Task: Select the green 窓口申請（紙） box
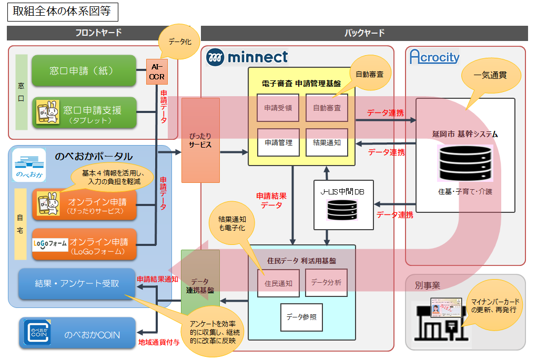[x=84, y=70]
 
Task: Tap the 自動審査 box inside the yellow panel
[x=327, y=108]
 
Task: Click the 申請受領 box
[x=278, y=108]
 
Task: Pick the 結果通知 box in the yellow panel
[x=327, y=142]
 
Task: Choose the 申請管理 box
[x=278, y=142]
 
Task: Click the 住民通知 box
[x=278, y=283]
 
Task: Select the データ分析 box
[x=326, y=283]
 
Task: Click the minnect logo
[x=247, y=57]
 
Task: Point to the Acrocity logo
[x=434, y=57]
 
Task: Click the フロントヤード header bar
[x=98, y=33]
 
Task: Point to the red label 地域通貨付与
[x=159, y=342]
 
